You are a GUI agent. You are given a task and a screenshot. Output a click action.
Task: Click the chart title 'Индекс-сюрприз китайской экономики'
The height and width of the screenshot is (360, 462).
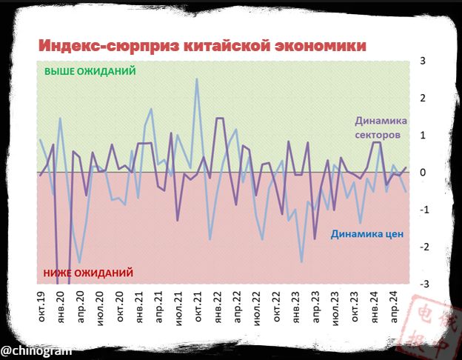pyautogui.click(x=202, y=45)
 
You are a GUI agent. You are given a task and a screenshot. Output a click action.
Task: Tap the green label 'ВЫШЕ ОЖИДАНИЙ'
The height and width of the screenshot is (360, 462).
pyautogui.click(x=90, y=72)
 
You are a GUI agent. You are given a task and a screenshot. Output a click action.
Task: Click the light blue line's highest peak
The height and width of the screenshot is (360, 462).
pyautogui.click(x=196, y=79)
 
